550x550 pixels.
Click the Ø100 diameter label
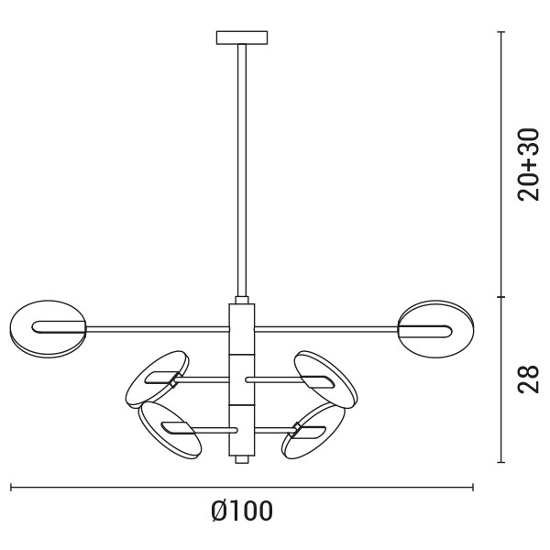(241, 511)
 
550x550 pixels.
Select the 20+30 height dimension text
(527, 165)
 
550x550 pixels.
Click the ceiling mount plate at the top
(242, 38)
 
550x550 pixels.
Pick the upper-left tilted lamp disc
(157, 376)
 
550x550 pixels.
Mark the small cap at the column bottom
(241, 459)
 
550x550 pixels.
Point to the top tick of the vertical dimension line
(500, 32)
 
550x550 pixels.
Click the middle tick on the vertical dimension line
(500, 296)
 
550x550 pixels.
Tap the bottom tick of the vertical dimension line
(500, 463)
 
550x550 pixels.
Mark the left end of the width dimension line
(11, 488)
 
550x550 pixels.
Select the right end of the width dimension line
(473, 488)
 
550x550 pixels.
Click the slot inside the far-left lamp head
(57, 326)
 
